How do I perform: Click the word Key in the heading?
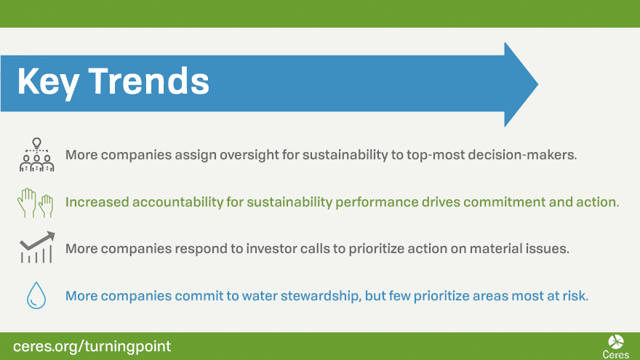tap(48, 82)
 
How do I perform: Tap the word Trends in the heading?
tap(148, 81)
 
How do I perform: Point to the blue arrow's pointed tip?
tap(537, 84)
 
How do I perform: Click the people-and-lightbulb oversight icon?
tap(37, 155)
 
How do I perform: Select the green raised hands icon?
tap(36, 202)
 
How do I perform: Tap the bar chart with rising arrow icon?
tap(37, 247)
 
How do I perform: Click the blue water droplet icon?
tap(36, 295)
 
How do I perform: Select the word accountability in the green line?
tap(177, 202)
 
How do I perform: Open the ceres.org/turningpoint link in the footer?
tap(92, 346)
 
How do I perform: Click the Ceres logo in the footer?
tap(616, 346)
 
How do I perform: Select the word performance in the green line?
tap(377, 202)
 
